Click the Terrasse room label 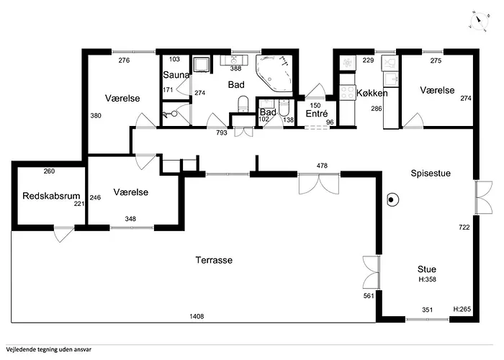pyautogui.click(x=214, y=260)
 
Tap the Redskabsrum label pyautogui.click(x=51, y=196)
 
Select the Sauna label pyautogui.click(x=176, y=75)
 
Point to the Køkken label pyautogui.click(x=372, y=93)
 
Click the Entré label pyautogui.click(x=317, y=114)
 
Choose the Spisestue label pyautogui.click(x=431, y=174)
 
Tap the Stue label pyautogui.click(x=427, y=269)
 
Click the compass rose pyautogui.click(x=479, y=21)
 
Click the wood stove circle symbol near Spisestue pyautogui.click(x=392, y=200)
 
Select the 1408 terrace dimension pyautogui.click(x=197, y=316)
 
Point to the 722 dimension pyautogui.click(x=464, y=228)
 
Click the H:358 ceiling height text pyautogui.click(x=427, y=279)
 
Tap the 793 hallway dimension pyautogui.click(x=222, y=132)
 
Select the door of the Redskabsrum pyautogui.click(x=63, y=234)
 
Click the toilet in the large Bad pyautogui.click(x=243, y=104)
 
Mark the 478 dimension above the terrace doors pyautogui.click(x=322, y=166)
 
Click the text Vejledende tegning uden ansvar pyautogui.click(x=48, y=349)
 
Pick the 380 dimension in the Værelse pyautogui.click(x=96, y=115)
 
